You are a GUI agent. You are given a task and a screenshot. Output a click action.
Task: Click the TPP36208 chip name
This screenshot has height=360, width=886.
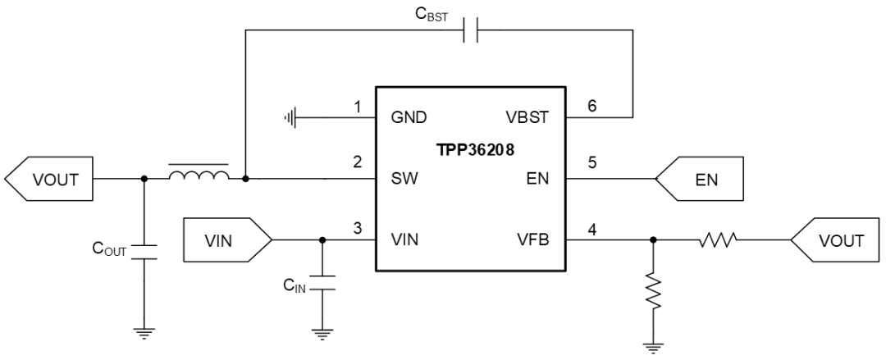(475, 151)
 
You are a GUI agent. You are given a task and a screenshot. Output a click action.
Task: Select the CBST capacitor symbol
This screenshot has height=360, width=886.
(470, 30)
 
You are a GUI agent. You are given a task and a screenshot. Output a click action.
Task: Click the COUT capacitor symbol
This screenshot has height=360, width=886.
(144, 253)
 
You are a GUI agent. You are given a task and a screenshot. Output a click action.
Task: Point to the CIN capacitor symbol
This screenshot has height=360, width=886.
(322, 283)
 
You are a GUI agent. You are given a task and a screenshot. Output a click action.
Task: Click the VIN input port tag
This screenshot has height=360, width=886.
(227, 240)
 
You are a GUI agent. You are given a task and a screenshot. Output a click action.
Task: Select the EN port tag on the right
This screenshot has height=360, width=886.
(700, 179)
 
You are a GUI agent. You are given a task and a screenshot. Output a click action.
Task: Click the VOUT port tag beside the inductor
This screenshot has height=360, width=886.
(48, 179)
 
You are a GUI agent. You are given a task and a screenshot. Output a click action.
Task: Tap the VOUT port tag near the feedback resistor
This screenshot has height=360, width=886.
(835, 240)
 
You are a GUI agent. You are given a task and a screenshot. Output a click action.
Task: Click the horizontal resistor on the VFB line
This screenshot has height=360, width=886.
(718, 239)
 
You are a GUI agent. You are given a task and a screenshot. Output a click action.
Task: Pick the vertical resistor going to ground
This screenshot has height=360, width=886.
(653, 292)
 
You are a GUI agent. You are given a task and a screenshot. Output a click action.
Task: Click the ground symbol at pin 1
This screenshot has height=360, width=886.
(290, 117)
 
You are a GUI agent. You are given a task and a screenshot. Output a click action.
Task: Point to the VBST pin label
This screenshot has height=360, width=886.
(527, 117)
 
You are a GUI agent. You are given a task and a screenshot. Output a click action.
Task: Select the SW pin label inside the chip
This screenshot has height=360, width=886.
(404, 179)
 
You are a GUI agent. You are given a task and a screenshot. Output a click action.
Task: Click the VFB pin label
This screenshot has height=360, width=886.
(533, 240)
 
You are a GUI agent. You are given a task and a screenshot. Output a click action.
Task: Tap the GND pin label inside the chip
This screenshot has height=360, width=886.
(409, 117)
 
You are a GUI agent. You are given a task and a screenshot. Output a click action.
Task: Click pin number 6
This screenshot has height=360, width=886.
(591, 106)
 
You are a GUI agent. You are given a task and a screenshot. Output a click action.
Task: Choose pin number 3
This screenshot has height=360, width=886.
(357, 228)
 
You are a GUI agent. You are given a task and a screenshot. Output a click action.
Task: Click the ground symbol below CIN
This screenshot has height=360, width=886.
(322, 335)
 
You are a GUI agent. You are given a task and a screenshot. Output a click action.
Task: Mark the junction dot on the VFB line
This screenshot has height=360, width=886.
(653, 240)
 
